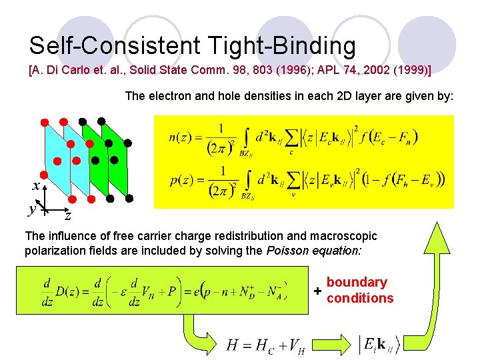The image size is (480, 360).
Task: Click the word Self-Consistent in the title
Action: tap(114, 45)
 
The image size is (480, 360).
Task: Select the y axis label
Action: tap(31, 209)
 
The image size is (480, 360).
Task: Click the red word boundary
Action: tap(357, 283)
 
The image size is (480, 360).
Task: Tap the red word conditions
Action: tap(360, 298)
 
